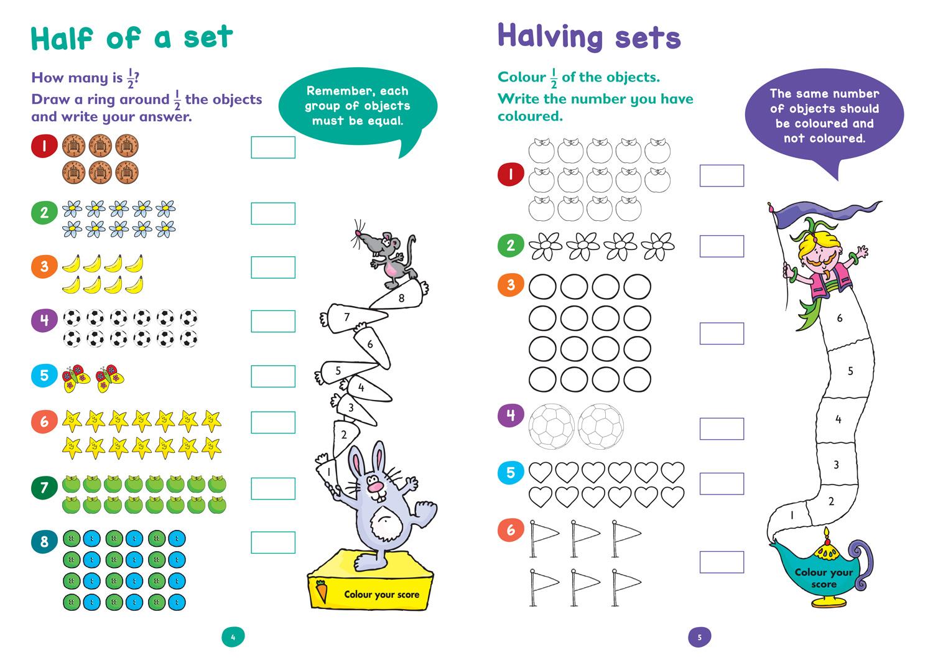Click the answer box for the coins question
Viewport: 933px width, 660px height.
[273, 147]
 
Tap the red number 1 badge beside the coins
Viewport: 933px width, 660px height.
[44, 146]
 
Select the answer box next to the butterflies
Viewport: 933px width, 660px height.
[273, 376]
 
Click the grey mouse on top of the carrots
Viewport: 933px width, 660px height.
[384, 256]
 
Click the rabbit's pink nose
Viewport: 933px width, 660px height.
[376, 487]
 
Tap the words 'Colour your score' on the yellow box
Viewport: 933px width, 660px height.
[381, 595]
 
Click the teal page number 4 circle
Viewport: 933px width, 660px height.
[233, 637]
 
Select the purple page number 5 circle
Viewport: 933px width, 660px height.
[699, 637]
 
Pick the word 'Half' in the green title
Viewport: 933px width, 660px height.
[62, 39]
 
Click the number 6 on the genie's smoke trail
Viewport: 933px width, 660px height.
[840, 318]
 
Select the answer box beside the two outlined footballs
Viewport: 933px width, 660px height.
[722, 429]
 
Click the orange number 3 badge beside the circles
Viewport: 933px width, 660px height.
[511, 285]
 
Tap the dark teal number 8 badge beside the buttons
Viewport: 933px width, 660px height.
[44, 542]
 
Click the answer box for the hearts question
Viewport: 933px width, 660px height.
[722, 484]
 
